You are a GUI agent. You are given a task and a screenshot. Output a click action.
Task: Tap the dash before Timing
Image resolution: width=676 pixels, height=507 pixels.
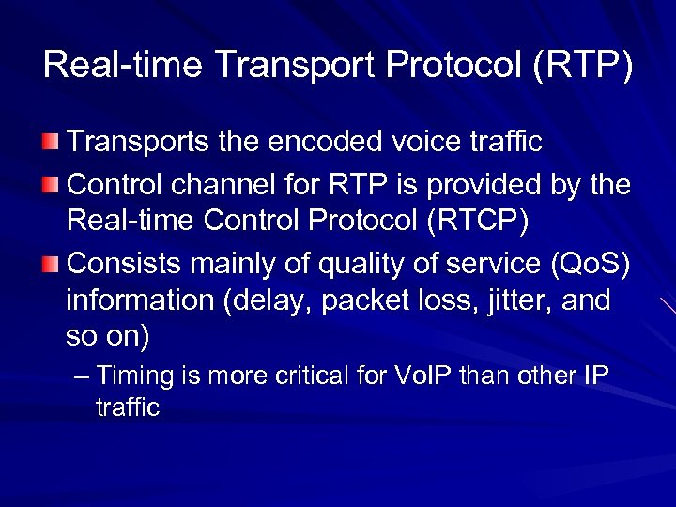point(82,376)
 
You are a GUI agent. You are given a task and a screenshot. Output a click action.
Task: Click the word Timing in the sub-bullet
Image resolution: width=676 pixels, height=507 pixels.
point(136,376)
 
